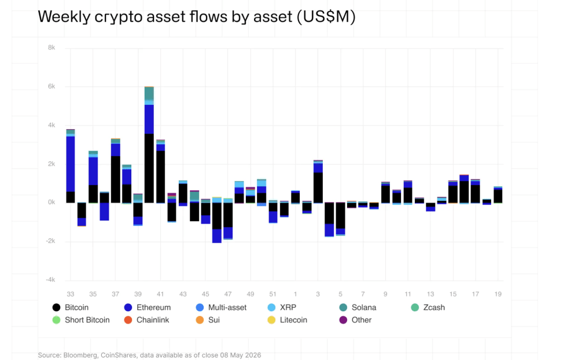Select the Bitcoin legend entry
(71, 307)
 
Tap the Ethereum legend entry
(147, 307)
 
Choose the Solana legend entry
(358, 307)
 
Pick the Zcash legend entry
(428, 307)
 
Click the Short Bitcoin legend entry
(81, 320)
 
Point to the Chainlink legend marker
(128, 320)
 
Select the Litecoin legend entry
(287, 320)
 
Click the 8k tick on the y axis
(51, 48)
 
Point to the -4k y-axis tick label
(50, 280)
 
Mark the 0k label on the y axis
(51, 202)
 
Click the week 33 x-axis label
(71, 294)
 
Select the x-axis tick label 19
(498, 294)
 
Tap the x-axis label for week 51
(273, 294)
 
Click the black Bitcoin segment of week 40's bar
(149, 168)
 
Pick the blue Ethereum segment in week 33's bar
(71, 164)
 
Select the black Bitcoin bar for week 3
(318, 188)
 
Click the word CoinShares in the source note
(119, 355)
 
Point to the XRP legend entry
(282, 307)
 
